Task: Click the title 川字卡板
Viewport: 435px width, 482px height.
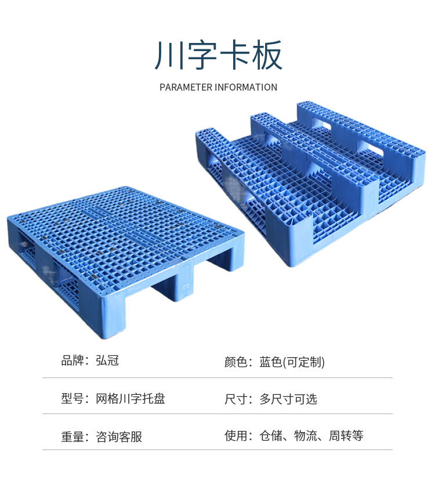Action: (x=218, y=56)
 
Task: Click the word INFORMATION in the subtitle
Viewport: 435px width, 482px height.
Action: (x=246, y=88)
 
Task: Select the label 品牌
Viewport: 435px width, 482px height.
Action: (x=73, y=361)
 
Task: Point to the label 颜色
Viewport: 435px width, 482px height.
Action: (x=237, y=362)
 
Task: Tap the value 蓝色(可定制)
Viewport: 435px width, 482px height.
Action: (x=292, y=362)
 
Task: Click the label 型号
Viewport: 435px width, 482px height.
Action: (x=73, y=398)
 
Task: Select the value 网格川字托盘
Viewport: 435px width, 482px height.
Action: (x=130, y=398)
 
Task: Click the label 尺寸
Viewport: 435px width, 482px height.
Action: (x=237, y=399)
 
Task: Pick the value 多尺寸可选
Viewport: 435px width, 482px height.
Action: (x=288, y=399)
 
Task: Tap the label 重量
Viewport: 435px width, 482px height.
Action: (x=73, y=436)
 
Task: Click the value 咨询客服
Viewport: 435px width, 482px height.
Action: (x=118, y=436)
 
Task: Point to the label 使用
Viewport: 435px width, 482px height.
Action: (x=237, y=436)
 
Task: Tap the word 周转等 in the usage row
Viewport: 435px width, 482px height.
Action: (x=346, y=436)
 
